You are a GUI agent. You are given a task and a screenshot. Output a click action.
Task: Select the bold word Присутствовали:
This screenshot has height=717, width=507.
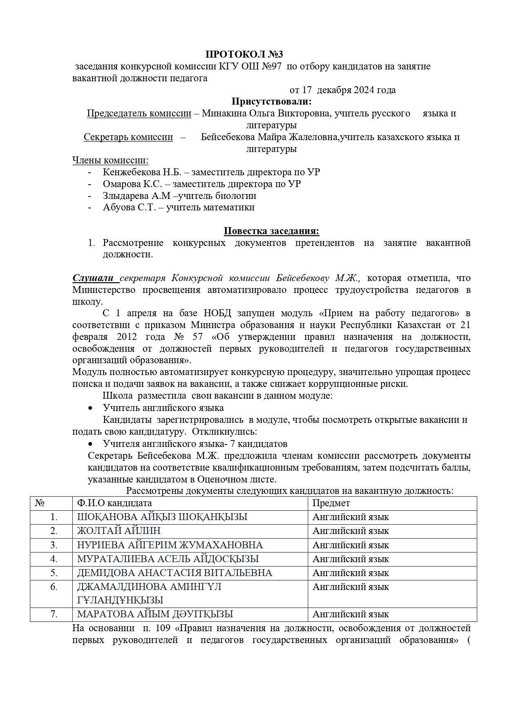[x=271, y=101]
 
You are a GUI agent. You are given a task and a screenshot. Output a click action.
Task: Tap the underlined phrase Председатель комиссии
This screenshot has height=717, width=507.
[x=139, y=113]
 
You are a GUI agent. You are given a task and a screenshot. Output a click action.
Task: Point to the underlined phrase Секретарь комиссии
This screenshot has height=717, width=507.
[x=128, y=137]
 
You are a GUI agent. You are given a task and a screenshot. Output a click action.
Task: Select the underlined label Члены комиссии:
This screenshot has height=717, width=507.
[x=110, y=160]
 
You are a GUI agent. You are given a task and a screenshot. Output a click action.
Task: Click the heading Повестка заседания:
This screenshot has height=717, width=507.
[x=271, y=231]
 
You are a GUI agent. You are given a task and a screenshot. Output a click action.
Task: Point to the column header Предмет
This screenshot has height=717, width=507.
[x=331, y=503]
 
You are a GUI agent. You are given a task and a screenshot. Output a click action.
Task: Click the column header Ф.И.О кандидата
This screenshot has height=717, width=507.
[x=114, y=503]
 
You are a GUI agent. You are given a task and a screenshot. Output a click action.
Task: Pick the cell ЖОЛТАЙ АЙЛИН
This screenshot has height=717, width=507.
[x=118, y=531]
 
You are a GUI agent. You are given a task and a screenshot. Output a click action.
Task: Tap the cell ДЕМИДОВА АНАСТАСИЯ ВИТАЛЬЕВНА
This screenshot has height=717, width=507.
[x=174, y=573]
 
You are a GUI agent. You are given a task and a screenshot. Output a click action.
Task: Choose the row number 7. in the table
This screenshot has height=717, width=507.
[x=54, y=614]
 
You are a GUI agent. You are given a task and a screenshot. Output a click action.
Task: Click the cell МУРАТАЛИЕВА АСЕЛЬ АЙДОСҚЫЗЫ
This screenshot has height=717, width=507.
[x=168, y=558]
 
